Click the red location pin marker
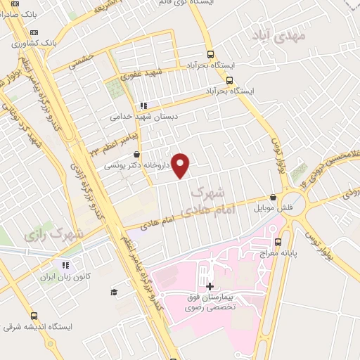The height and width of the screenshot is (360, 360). (181, 165)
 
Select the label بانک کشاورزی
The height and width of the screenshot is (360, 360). (59, 44)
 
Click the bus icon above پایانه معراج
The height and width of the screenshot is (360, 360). (278, 242)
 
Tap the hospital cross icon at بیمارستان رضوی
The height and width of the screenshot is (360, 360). (210, 287)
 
